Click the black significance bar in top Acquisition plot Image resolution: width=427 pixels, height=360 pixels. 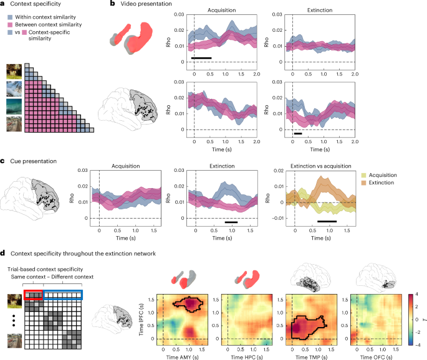click(x=201, y=58)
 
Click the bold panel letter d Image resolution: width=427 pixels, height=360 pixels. click(x=4, y=253)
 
